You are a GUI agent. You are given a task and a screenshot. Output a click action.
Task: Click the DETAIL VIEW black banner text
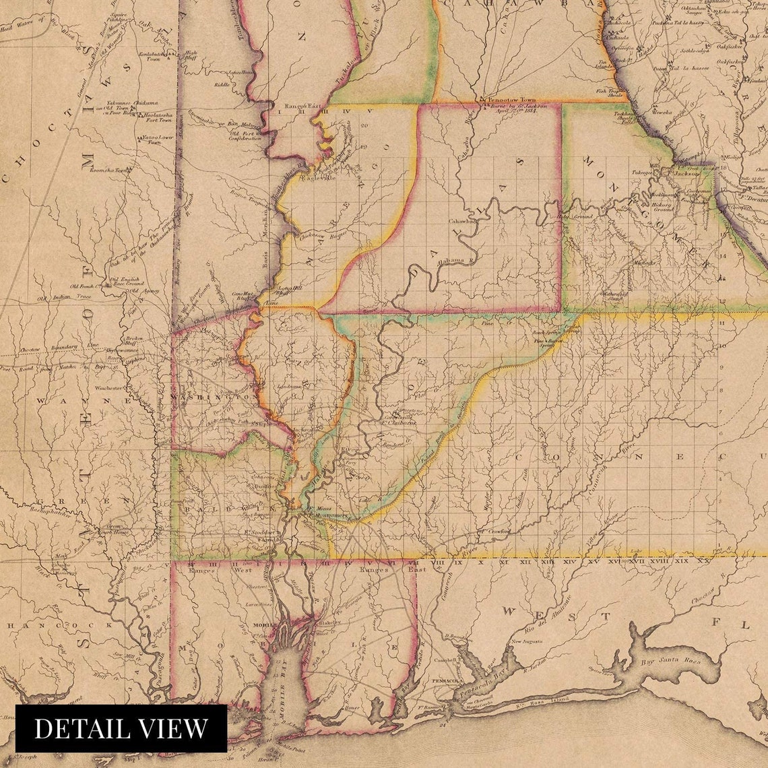point(121,728)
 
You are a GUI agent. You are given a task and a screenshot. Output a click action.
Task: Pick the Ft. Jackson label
point(684,172)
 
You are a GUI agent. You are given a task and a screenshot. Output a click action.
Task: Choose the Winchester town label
point(109,388)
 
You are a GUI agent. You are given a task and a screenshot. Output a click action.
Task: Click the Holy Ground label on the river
point(574,216)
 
